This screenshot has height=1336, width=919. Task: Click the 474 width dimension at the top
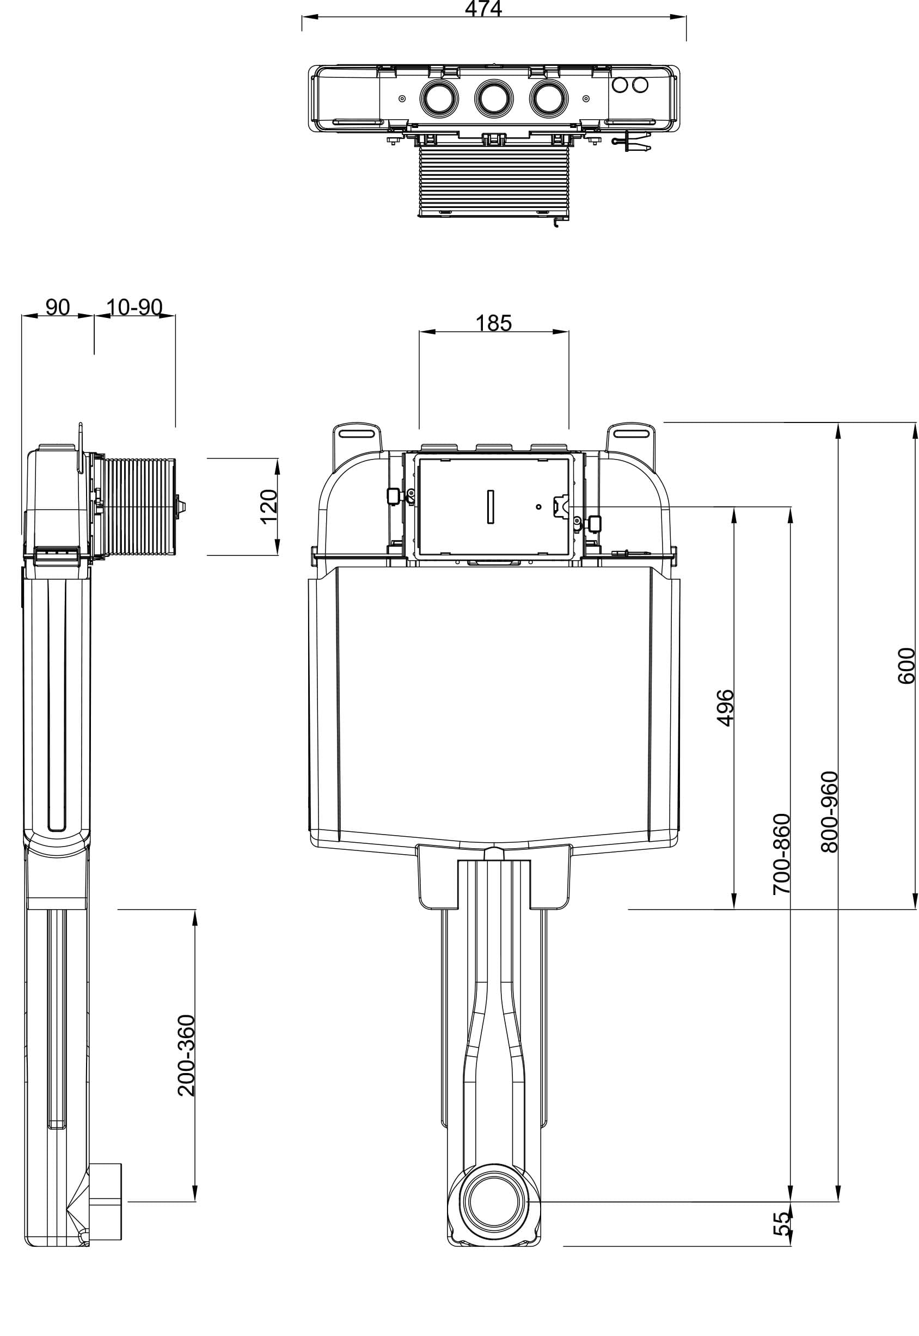(483, 9)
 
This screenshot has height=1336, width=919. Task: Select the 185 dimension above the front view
(493, 323)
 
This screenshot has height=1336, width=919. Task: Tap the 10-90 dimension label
(134, 307)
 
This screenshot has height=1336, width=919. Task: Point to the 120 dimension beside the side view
(269, 506)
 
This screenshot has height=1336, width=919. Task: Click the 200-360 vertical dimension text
(187, 1055)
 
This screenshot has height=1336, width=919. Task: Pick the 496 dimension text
(726, 708)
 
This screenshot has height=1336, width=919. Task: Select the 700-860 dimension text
(781, 854)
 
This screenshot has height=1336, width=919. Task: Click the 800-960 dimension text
(830, 811)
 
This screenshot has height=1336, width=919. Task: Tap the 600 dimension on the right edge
(906, 666)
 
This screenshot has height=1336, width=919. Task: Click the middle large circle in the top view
(493, 99)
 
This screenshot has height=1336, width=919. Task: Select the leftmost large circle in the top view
(440, 99)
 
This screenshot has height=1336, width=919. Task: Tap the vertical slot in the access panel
(491, 507)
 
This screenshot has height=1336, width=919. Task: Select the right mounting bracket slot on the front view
(630, 432)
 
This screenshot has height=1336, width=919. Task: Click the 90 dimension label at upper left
(58, 307)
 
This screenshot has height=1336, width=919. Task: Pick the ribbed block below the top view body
(493, 180)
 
